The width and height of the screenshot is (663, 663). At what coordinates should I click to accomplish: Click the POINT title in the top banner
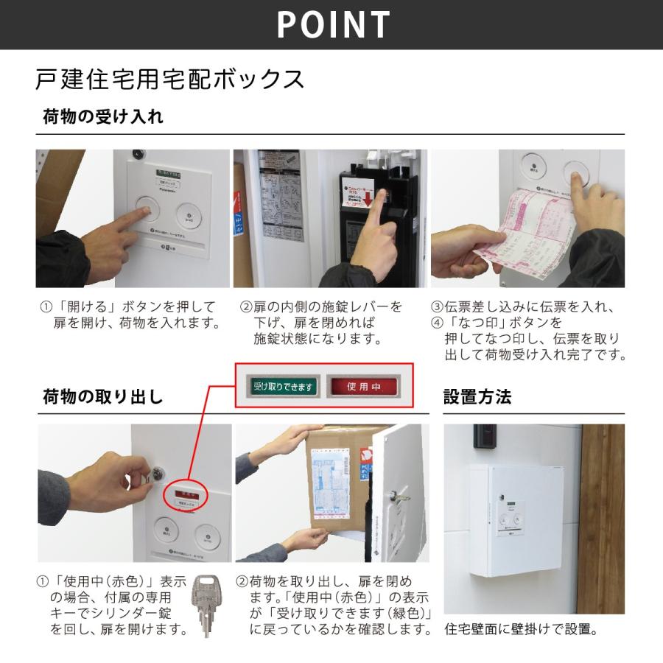(333, 24)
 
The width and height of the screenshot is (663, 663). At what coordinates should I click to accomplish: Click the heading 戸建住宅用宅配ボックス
(169, 79)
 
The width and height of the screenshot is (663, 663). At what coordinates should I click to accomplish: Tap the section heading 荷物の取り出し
(102, 397)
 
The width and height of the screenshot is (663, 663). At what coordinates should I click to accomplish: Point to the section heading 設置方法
(477, 397)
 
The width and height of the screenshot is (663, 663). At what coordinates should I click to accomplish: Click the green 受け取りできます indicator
(284, 386)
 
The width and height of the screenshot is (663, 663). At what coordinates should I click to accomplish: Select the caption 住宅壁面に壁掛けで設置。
(521, 631)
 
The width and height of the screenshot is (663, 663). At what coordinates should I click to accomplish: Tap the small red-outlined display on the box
(184, 493)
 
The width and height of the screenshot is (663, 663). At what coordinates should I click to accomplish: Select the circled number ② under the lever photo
(248, 306)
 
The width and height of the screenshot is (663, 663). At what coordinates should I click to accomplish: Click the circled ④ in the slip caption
(438, 323)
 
